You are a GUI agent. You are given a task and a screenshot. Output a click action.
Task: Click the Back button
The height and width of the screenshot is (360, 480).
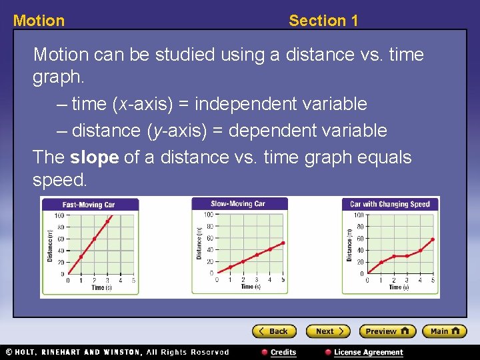tap(273, 331)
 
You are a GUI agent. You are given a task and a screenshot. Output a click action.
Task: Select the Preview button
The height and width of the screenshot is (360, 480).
tap(387, 331)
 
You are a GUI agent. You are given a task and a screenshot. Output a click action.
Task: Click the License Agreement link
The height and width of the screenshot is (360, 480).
tap(368, 352)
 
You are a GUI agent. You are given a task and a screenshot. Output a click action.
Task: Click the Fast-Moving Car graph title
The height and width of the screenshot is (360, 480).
tap(89, 205)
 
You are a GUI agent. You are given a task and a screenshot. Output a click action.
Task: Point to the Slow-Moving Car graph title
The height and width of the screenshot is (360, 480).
tap(239, 203)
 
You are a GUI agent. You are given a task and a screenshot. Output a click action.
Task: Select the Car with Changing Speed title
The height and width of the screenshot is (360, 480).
tap(390, 204)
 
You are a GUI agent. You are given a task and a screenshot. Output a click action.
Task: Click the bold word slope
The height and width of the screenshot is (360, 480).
tap(94, 157)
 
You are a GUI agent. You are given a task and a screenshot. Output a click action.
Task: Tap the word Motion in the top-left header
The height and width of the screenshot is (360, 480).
tap(39, 21)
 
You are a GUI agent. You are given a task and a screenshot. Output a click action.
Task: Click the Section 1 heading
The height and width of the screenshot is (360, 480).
tap(323, 21)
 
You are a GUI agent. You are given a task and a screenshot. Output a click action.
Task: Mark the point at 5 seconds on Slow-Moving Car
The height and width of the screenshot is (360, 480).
tap(283, 243)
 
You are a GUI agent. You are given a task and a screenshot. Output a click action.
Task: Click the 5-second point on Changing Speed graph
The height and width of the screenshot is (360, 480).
tap(433, 239)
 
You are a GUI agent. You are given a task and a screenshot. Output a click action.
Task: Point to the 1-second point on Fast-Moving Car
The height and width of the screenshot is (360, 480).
tap(81, 257)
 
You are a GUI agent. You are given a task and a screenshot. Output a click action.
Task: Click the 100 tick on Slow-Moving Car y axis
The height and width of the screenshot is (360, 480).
tap(208, 215)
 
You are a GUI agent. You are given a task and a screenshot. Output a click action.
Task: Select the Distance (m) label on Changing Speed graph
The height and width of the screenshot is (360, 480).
tap(349, 245)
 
